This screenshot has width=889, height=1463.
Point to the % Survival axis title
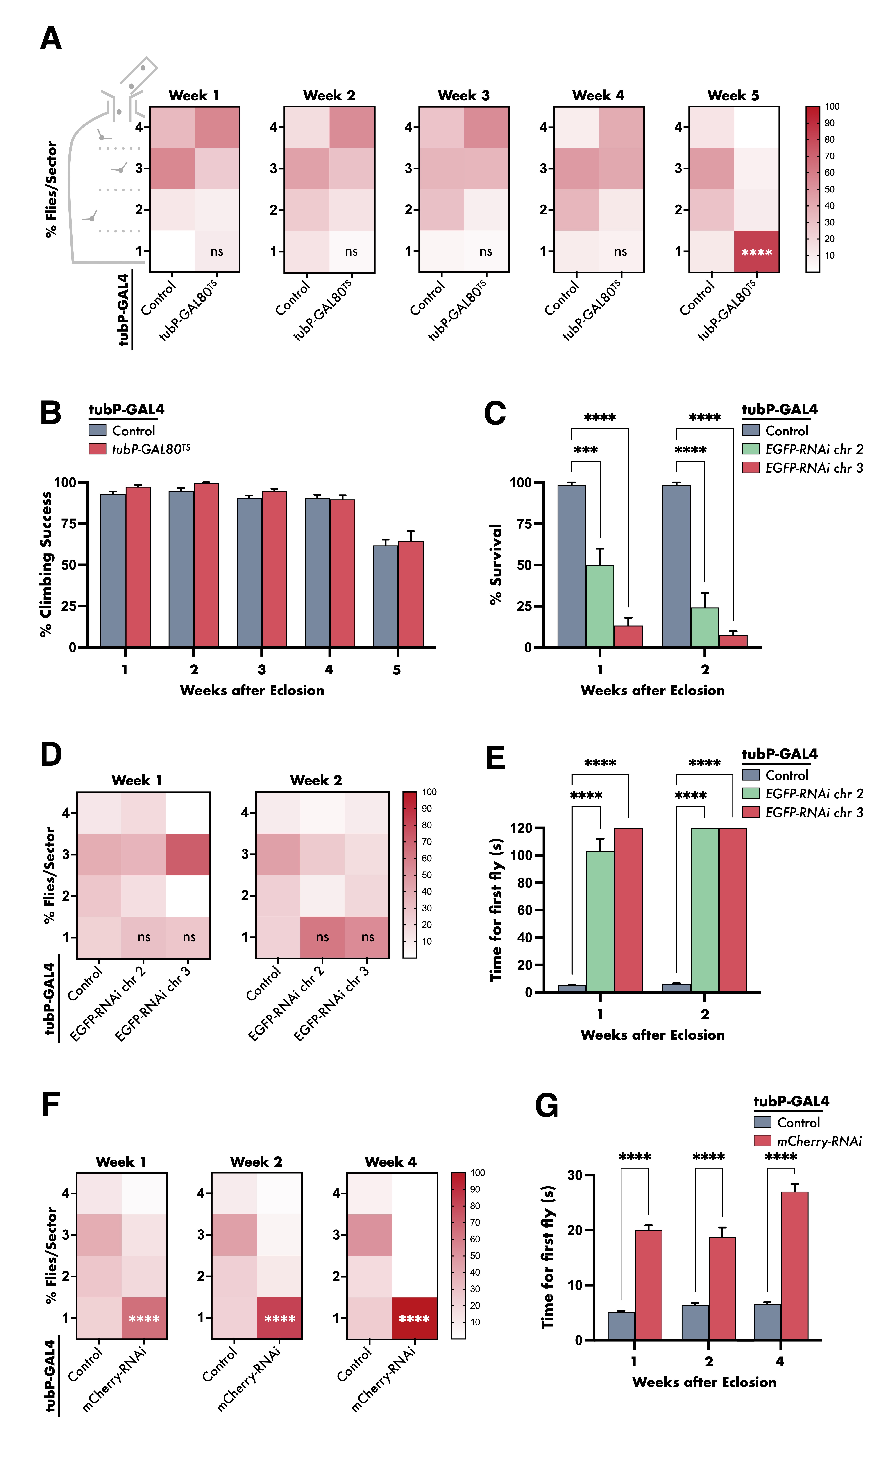tap(495, 564)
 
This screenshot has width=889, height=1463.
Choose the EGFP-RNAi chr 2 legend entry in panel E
tap(803, 794)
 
